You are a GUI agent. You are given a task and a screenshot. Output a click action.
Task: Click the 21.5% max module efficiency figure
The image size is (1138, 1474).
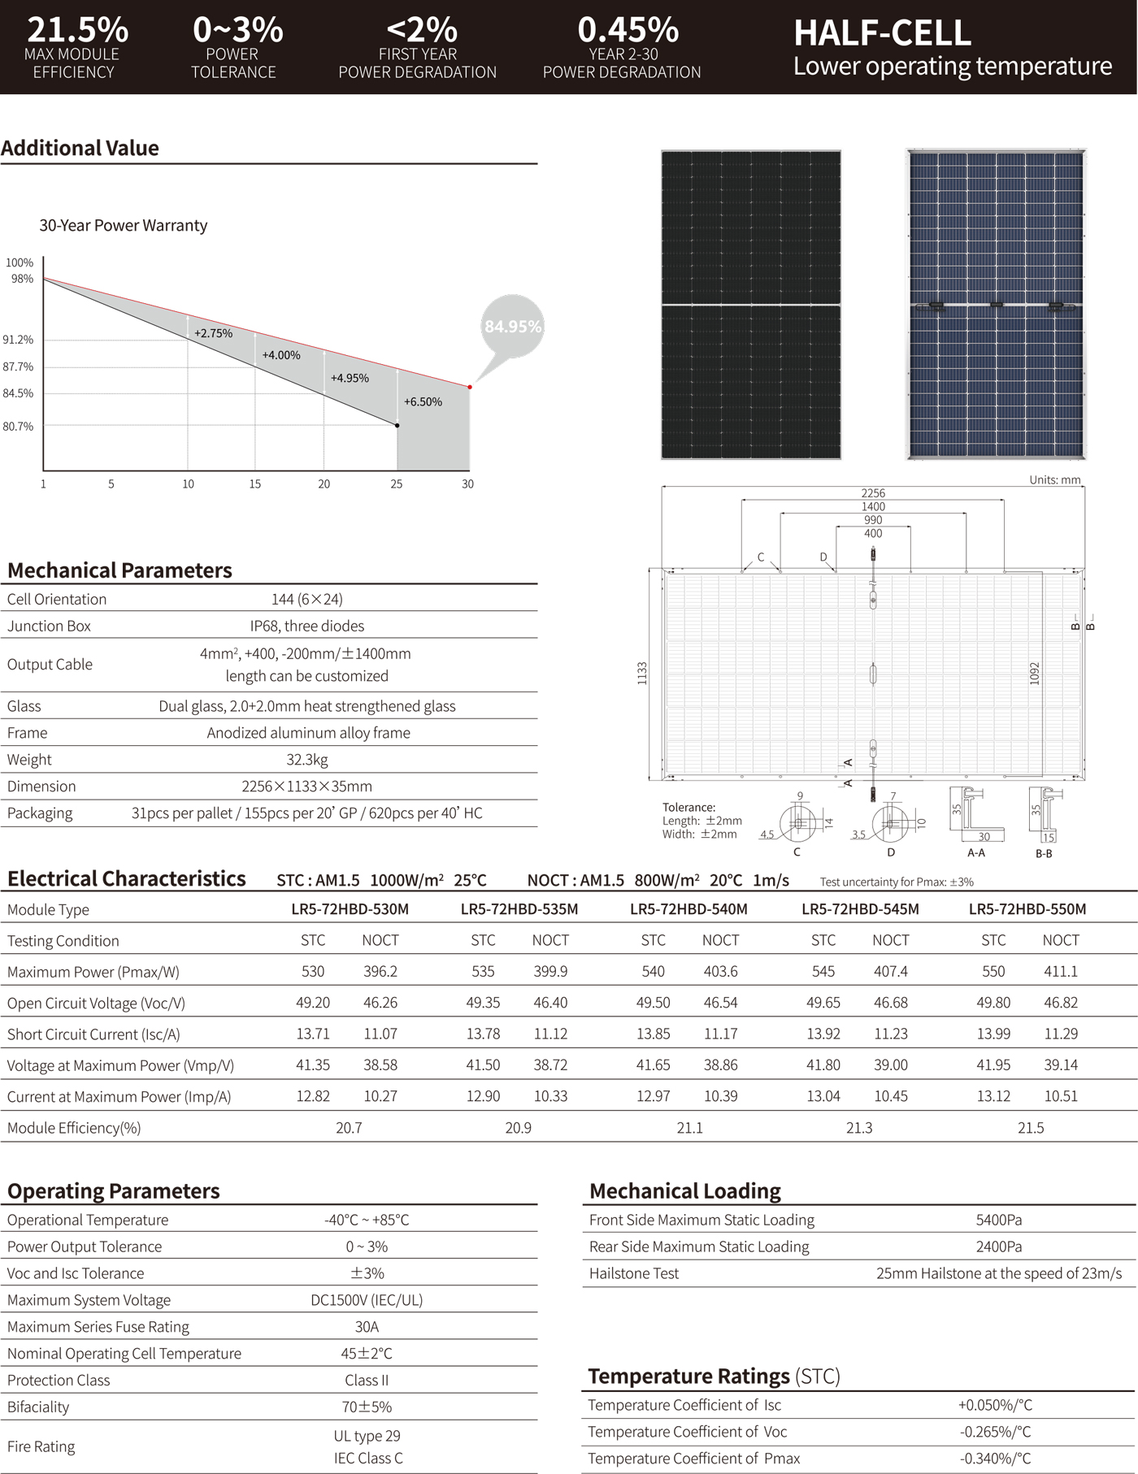[77, 30]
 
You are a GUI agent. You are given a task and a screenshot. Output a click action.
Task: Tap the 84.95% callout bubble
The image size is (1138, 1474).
[512, 327]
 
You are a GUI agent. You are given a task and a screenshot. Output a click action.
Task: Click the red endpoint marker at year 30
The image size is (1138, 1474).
[470, 387]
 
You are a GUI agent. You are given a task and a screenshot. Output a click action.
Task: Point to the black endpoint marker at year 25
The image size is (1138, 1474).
[397, 425]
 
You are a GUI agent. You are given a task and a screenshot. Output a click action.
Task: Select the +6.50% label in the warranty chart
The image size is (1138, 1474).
[423, 401]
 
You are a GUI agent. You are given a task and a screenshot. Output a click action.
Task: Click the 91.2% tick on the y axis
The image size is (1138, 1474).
[18, 340]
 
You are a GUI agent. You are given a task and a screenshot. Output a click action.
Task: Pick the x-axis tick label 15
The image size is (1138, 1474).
[255, 484]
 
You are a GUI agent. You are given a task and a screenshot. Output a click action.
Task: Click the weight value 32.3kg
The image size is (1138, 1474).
[307, 760]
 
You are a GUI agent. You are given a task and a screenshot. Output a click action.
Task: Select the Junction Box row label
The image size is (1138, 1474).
[49, 626]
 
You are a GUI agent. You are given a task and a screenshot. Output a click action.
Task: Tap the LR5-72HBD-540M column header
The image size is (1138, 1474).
[688, 909]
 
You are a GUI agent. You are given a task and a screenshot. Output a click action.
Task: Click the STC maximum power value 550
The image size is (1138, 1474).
[993, 972]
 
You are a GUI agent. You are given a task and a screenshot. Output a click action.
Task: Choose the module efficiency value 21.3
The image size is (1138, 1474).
[859, 1128]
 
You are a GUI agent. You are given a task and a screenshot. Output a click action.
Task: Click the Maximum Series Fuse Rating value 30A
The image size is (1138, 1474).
[367, 1327]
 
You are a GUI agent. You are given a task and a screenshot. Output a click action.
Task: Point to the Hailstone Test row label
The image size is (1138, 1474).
[634, 1273]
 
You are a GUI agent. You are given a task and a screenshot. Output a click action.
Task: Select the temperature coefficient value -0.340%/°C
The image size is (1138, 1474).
[995, 1459]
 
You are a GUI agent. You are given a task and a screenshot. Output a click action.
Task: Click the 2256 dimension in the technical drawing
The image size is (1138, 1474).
[873, 493]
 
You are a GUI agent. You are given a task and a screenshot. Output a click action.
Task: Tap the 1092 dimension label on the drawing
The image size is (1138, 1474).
[1035, 673]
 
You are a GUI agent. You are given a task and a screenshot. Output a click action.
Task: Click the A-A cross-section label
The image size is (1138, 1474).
[976, 853]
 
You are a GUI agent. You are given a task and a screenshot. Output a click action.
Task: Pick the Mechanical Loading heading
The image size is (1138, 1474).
[685, 1191]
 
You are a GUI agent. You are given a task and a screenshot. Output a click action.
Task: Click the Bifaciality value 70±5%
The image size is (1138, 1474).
[367, 1407]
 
